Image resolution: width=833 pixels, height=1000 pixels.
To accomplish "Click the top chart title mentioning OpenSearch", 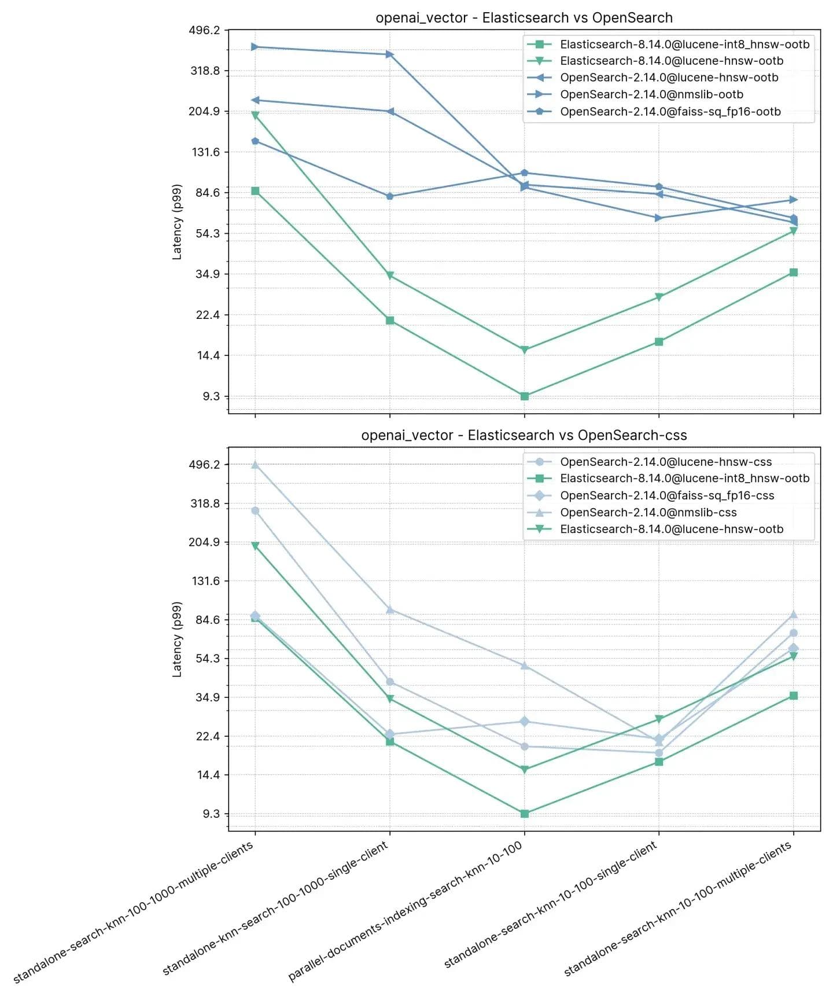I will (524, 18).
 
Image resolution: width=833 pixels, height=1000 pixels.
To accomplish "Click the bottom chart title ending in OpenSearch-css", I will (524, 435).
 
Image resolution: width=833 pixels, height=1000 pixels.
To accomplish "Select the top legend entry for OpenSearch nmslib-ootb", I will (651, 94).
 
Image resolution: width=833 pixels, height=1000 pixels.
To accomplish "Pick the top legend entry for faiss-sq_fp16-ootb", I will (670, 112).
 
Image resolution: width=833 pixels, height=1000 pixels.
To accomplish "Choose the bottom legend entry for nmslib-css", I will (648, 513).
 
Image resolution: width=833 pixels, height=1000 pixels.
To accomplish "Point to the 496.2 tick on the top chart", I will (204, 30).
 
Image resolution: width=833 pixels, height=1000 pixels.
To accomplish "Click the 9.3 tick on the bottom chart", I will (211, 814).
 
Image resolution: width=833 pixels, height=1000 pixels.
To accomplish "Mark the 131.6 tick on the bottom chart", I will (206, 581).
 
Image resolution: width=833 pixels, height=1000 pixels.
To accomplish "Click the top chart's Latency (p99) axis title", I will (177, 222).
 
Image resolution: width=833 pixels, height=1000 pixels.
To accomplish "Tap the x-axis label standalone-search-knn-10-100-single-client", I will (550, 906).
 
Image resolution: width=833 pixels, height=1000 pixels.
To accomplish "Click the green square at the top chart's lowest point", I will (525, 396).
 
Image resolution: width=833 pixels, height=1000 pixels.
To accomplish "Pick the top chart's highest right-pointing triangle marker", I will (255, 47).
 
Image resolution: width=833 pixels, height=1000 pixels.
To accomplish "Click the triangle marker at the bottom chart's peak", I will (255, 465).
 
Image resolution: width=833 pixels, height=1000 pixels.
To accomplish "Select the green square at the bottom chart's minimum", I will (525, 814).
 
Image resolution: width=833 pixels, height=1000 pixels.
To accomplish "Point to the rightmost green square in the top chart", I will (794, 273).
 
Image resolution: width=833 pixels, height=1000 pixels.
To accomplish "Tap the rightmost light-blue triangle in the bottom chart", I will (794, 615).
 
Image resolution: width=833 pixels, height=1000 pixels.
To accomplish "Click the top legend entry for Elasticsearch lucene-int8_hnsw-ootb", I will (684, 45).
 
